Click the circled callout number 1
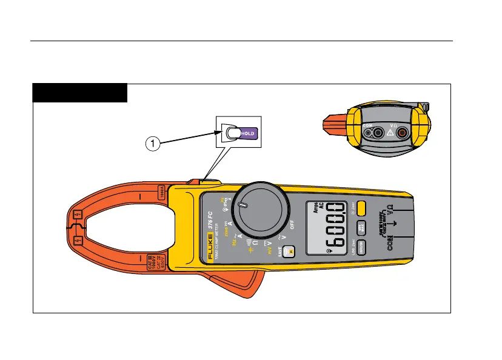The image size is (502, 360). (155, 144)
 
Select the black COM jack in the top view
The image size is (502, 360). (377, 133)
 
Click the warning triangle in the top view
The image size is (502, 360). (390, 133)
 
